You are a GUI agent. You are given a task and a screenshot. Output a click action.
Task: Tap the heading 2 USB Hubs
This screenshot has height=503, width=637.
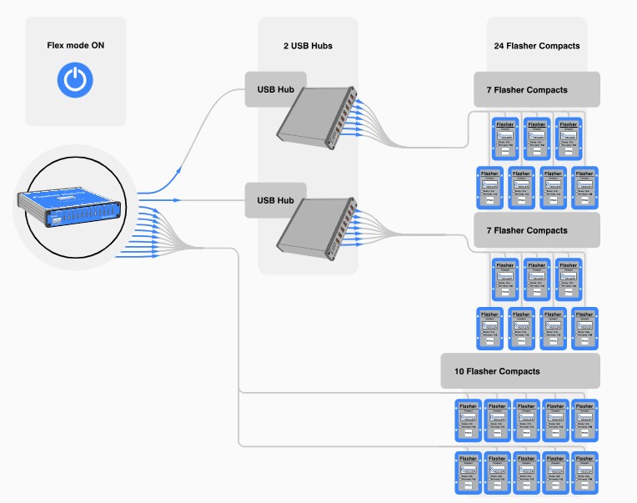pyautogui.click(x=308, y=45)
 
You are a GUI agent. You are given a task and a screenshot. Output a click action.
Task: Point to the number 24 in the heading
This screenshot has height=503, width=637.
pyautogui.click(x=499, y=45)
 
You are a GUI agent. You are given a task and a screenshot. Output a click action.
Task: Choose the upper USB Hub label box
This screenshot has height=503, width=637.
pyautogui.click(x=276, y=89)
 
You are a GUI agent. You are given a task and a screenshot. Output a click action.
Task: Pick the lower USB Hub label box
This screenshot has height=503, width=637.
pyautogui.click(x=276, y=200)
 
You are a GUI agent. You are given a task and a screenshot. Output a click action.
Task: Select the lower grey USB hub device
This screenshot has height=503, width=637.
pyautogui.click(x=318, y=225)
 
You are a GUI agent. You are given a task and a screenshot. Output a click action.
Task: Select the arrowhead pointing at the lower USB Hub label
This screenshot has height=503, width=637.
pyautogui.click(x=176, y=200)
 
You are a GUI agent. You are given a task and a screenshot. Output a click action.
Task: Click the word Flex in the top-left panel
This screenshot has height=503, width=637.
pyautogui.click(x=58, y=44)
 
